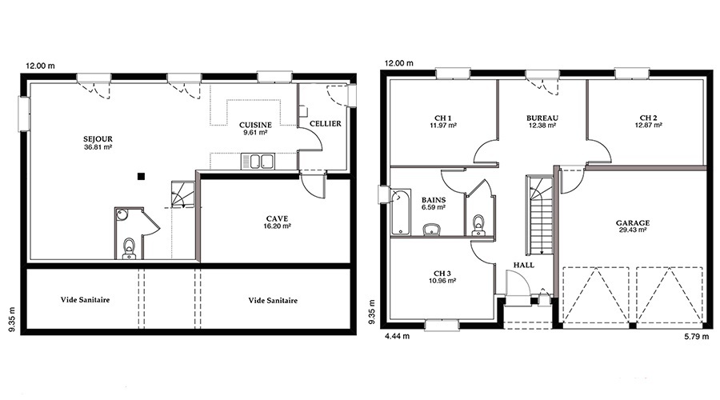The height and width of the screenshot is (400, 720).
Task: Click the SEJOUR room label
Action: (98, 138)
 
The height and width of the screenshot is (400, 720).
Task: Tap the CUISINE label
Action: (255, 125)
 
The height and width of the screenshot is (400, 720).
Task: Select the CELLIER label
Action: (325, 123)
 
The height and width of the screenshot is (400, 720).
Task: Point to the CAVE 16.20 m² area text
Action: (277, 226)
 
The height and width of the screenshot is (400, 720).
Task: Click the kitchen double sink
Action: (258, 161)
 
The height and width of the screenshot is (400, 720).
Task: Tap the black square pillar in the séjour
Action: (141, 176)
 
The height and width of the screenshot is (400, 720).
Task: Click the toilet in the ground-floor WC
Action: (129, 248)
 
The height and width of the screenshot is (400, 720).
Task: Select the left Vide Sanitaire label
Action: (85, 300)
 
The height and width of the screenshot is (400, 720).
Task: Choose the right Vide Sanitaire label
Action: (273, 300)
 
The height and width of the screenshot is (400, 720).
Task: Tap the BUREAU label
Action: (542, 118)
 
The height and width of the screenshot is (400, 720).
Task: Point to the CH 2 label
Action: (648, 118)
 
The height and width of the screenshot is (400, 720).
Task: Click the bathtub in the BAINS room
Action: (399, 212)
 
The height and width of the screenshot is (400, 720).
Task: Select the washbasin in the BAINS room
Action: (432, 229)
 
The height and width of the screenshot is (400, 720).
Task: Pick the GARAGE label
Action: (633, 223)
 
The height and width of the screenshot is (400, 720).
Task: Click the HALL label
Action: (524, 265)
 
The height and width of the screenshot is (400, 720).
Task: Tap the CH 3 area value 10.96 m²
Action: (442, 281)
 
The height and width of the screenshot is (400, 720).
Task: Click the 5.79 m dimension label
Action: (697, 336)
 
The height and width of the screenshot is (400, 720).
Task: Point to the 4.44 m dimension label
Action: (397, 336)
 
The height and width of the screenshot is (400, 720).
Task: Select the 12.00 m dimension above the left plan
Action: (40, 66)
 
